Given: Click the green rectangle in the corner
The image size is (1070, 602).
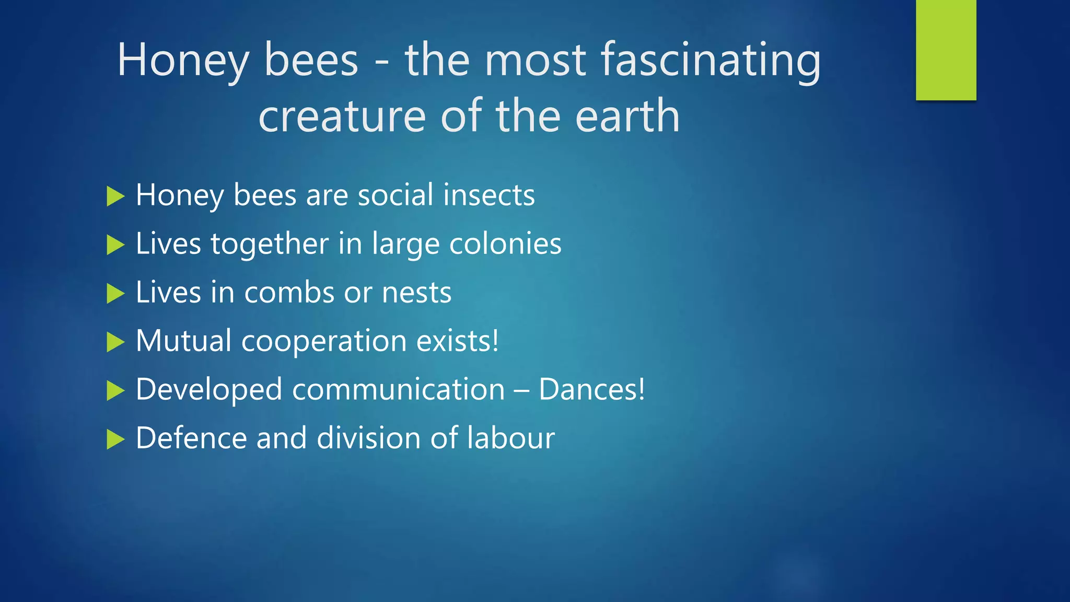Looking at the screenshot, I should [x=946, y=50].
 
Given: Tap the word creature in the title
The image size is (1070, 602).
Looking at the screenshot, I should [x=342, y=116].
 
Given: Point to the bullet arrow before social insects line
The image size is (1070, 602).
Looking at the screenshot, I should [x=115, y=196].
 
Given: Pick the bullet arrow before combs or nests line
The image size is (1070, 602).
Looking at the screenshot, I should [x=115, y=294].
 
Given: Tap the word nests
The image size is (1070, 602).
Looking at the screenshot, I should [x=416, y=293].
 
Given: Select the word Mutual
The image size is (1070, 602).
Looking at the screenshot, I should [x=183, y=341].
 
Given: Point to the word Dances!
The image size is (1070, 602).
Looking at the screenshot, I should [x=591, y=390].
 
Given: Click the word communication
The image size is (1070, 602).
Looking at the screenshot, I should [x=398, y=390].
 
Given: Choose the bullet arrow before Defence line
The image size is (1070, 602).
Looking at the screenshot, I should [x=115, y=439].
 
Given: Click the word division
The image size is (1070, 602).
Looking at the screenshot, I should [x=368, y=438].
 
